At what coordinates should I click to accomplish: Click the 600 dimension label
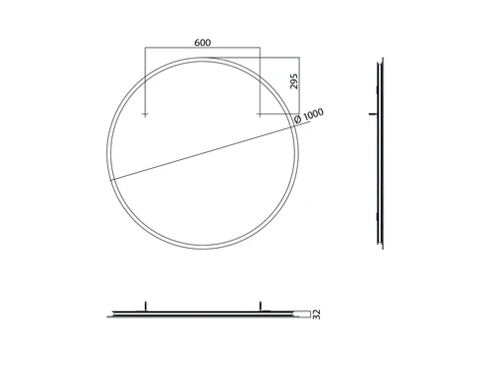(x=203, y=43)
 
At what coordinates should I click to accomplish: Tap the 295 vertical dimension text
(x=294, y=82)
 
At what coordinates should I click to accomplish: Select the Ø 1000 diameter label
(x=309, y=115)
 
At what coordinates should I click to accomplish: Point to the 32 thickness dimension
(x=317, y=314)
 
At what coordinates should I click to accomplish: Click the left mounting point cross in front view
(x=145, y=114)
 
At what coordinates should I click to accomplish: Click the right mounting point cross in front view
(x=259, y=114)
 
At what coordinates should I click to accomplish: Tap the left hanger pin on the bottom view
(x=145, y=305)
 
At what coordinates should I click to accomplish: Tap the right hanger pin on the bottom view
(x=260, y=305)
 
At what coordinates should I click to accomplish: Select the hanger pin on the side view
(x=373, y=114)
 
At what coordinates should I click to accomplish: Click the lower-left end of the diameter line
(x=110, y=180)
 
